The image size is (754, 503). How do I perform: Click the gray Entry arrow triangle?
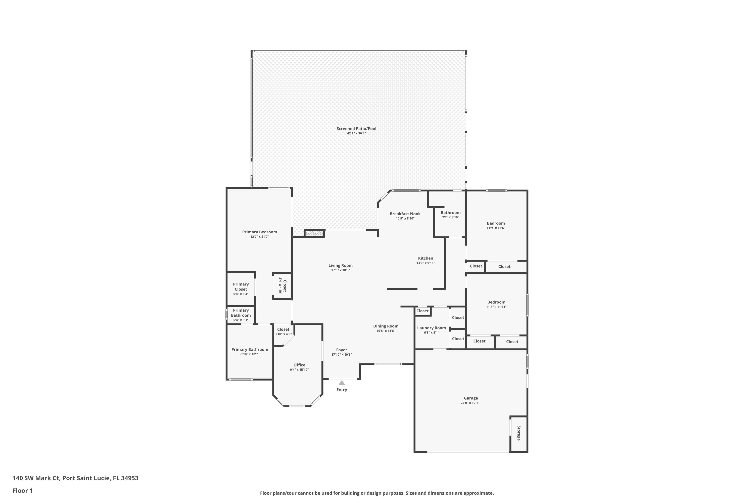(342, 383)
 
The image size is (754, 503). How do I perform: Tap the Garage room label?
(470, 398)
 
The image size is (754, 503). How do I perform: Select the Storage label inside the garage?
(518, 433)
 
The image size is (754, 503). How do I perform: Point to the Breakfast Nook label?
(405, 214)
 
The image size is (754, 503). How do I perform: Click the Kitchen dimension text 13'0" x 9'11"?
(426, 263)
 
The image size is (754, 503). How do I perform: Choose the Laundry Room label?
(431, 328)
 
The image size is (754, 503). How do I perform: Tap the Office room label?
(299, 365)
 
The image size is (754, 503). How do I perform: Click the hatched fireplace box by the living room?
(314, 234)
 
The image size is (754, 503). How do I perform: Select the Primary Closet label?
(241, 287)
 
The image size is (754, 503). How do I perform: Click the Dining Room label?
(386, 326)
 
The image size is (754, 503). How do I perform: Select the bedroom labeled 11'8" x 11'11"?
(496, 304)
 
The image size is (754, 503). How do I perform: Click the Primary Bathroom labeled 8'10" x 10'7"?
(250, 352)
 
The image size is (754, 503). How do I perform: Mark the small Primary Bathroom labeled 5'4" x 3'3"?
(241, 315)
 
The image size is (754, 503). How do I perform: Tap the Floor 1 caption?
(22, 490)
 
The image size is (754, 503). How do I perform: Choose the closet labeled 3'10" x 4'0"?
(283, 331)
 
